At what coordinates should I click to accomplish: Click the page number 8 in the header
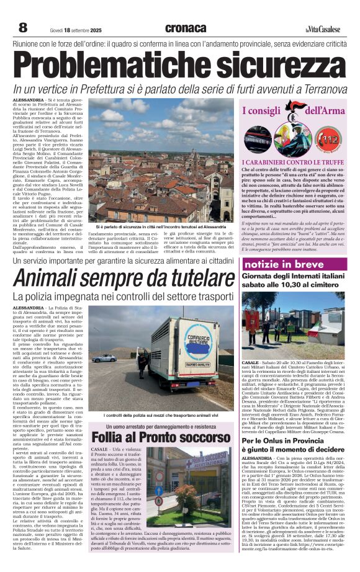(x=23, y=27)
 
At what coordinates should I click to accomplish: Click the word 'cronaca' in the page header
(x=186, y=28)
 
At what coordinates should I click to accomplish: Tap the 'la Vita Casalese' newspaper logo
(x=325, y=29)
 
